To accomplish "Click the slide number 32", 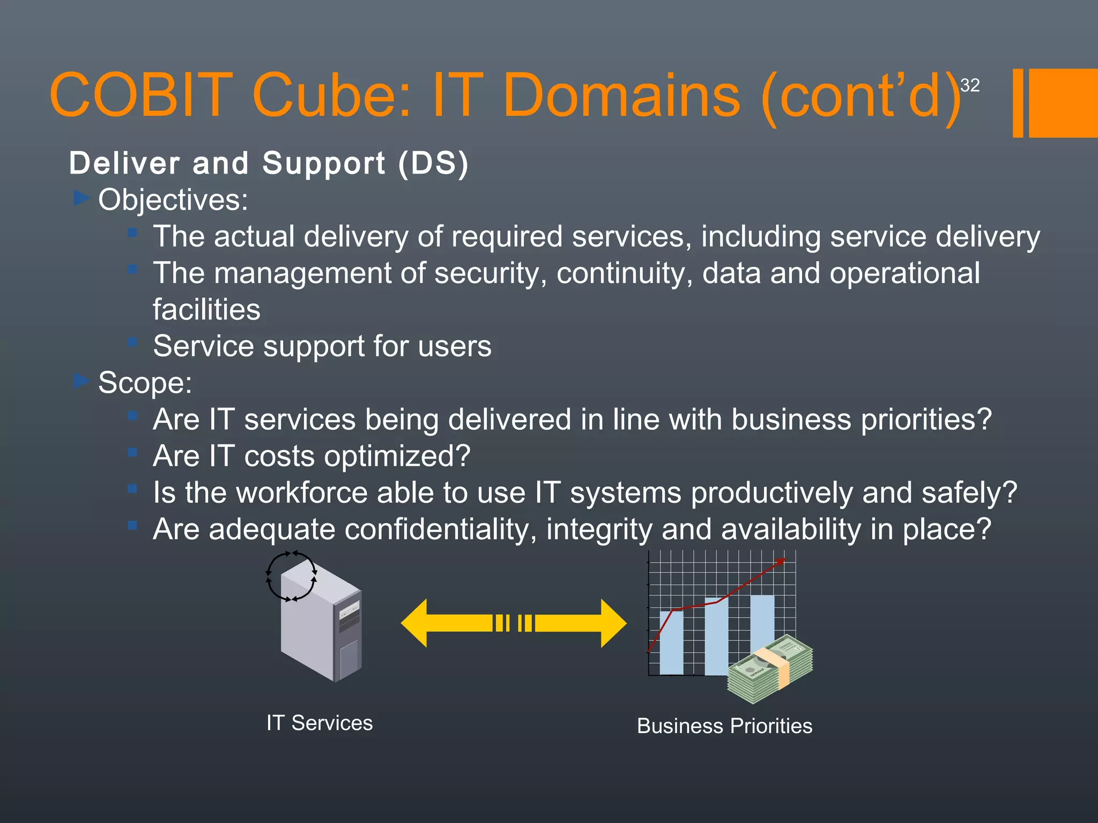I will tap(970, 85).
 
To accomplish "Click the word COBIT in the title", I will tap(140, 95).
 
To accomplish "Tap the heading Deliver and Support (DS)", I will tap(269, 163).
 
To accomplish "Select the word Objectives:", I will tap(173, 200).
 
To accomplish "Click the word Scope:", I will tap(145, 383).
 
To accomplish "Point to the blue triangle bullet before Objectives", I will tap(81, 198).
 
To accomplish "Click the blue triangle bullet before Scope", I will tap(81, 381).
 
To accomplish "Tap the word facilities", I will tap(206, 310).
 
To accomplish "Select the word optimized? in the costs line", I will tap(397, 456).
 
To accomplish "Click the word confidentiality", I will tap(440, 529).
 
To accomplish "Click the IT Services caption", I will tap(320, 723).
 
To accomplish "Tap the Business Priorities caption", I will tap(724, 726).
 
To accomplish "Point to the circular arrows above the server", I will tap(291, 577).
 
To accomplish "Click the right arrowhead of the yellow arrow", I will tap(613, 623).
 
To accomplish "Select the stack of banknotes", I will tap(770, 670).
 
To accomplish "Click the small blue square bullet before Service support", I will tap(132, 342).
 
